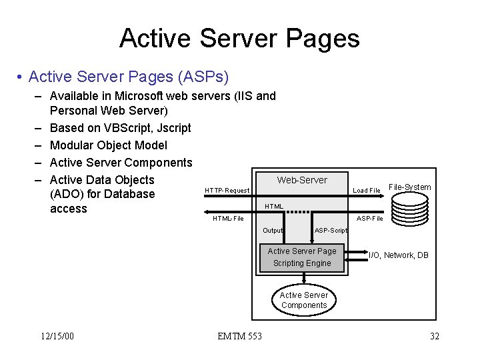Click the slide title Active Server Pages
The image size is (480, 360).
[x=239, y=39]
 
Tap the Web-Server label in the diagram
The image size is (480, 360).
[x=302, y=180]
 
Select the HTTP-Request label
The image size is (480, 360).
[x=227, y=191]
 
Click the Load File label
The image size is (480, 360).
[x=366, y=191]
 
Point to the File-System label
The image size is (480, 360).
[x=409, y=187]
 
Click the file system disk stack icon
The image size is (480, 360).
[x=409, y=209]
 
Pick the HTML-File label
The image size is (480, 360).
[x=228, y=219]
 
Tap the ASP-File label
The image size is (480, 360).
[x=369, y=219]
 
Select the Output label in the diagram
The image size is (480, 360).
[x=273, y=231]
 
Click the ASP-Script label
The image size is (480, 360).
[x=331, y=231]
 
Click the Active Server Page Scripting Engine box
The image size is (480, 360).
[x=302, y=257]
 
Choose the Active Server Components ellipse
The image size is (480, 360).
[x=303, y=300]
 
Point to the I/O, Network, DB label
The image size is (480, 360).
[x=399, y=255]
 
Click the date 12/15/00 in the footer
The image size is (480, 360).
[x=57, y=336]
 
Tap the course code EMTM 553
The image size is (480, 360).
[x=239, y=336]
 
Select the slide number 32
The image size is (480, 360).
[x=434, y=336]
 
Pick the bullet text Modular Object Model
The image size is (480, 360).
[x=109, y=145]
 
